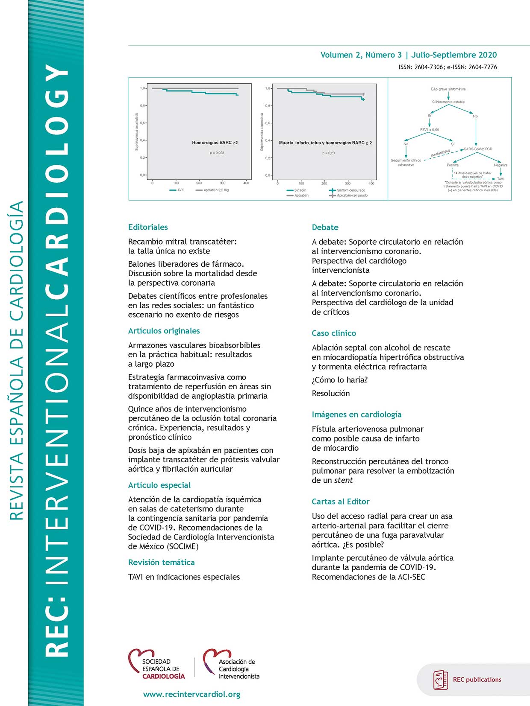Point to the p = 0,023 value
point(217,153)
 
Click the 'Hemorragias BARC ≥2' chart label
point(215,143)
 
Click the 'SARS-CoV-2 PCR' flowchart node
point(478,149)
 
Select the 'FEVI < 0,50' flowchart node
point(429,129)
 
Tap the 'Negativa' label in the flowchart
point(501,165)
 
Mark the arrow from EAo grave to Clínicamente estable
point(448,96)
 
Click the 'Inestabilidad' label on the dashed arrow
point(440,152)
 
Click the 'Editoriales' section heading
point(148,227)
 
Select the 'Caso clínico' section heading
point(334,333)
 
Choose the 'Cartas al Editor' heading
point(341,502)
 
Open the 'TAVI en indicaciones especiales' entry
point(184,577)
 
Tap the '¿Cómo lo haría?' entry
point(340,380)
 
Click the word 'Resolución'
point(331,393)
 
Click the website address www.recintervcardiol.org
point(191,694)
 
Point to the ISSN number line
point(448,67)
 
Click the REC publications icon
point(441,680)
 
